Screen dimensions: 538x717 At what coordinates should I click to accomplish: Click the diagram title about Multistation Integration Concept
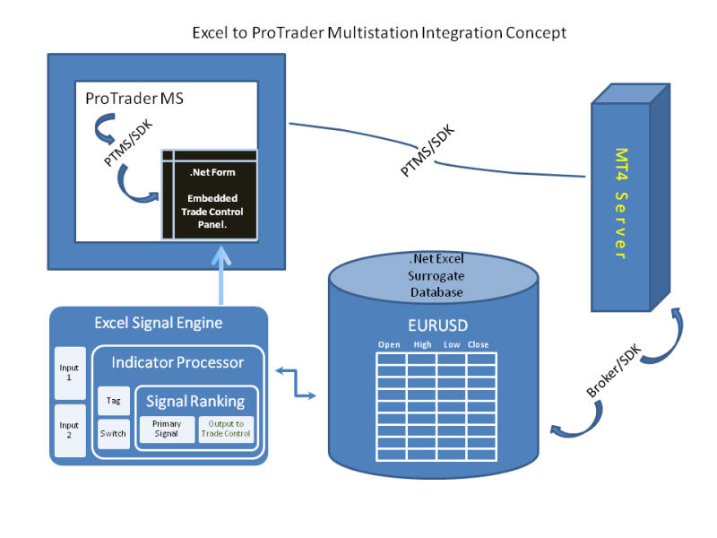[379, 32]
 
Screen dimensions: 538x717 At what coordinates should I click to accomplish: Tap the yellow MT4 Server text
[619, 204]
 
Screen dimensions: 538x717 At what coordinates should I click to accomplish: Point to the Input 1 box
[69, 373]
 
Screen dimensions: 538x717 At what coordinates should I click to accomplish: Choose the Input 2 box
[69, 430]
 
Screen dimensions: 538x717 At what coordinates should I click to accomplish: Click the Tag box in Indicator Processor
[114, 400]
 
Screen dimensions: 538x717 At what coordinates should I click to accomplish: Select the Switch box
[114, 434]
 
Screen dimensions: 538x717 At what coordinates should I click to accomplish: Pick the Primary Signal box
[167, 429]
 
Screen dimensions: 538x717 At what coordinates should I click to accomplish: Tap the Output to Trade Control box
[226, 429]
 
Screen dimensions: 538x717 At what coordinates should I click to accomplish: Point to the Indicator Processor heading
[177, 362]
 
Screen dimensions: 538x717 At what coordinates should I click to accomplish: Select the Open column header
[389, 344]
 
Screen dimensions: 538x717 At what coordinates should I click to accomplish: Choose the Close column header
[478, 344]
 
